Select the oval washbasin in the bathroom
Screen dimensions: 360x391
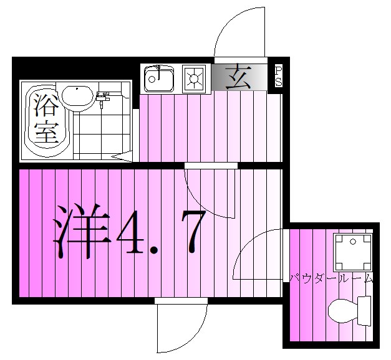77,97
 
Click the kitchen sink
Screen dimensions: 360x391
158,79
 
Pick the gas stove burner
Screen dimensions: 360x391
195,79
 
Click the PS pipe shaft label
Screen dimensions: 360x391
278,76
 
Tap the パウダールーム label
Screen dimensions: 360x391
331,278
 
